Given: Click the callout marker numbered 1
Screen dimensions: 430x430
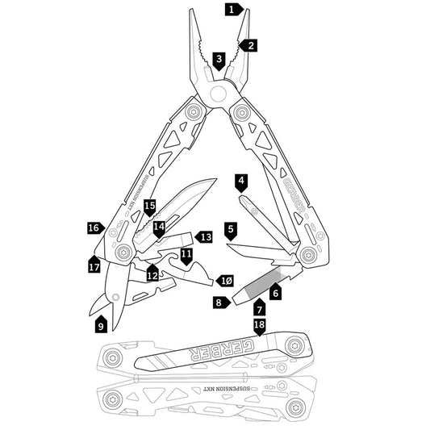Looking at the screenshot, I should [x=232, y=10].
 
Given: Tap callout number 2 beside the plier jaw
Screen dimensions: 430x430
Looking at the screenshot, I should [x=251, y=45].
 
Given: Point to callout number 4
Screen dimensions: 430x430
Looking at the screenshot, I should [x=241, y=180].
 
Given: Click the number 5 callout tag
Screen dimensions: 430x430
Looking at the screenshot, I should [x=231, y=230].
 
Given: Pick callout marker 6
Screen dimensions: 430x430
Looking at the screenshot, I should [x=275, y=294].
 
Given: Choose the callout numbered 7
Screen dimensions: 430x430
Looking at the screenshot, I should [x=259, y=307].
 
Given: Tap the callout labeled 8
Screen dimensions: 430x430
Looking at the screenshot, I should [x=219, y=302].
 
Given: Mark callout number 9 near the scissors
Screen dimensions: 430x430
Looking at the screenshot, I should [x=101, y=325].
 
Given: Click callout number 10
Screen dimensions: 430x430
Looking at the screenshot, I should [x=227, y=279].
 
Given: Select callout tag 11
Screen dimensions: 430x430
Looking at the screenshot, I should [x=186, y=255].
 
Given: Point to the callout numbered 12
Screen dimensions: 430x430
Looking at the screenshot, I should [x=152, y=274].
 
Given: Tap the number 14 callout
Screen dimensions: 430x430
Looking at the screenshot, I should [x=160, y=228].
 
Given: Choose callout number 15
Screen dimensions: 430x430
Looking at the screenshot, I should [x=149, y=207].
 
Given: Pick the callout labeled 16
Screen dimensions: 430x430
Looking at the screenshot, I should [x=94, y=228].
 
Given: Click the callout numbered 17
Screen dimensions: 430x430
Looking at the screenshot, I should [x=95, y=263].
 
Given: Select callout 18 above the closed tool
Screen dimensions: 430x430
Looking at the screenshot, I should [x=259, y=326].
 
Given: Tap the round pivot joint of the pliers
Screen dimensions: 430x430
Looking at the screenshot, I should [x=216, y=94].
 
